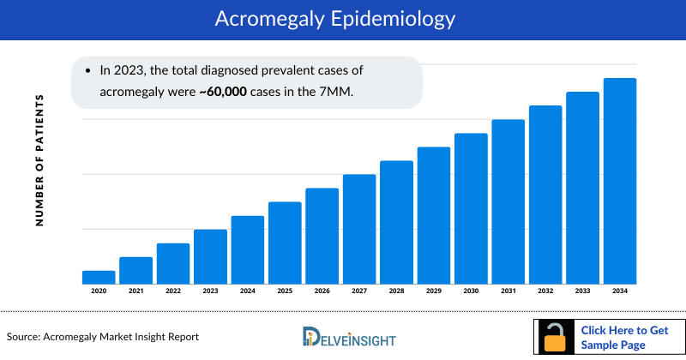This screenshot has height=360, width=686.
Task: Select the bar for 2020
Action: pos(99,277)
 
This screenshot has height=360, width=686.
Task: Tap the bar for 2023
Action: pos(210,256)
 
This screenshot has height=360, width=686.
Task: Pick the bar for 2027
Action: pos(359,229)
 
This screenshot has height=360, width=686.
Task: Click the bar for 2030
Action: pos(471,208)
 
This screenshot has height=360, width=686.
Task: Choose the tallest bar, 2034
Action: pos(620,181)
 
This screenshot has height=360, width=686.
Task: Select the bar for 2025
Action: pos(285,243)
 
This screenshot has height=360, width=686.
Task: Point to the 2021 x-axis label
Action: pos(135,291)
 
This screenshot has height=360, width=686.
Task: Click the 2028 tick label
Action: pos(396,291)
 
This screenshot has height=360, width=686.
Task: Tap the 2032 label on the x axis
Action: pos(545,291)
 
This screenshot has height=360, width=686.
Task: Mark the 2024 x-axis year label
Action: pos(247,291)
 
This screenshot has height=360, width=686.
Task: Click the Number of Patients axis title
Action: pos(39,160)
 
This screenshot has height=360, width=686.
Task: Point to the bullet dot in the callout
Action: pos(88,68)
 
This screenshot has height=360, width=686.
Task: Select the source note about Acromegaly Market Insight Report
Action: pos(103,337)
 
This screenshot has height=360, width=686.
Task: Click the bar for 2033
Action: pos(582,188)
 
